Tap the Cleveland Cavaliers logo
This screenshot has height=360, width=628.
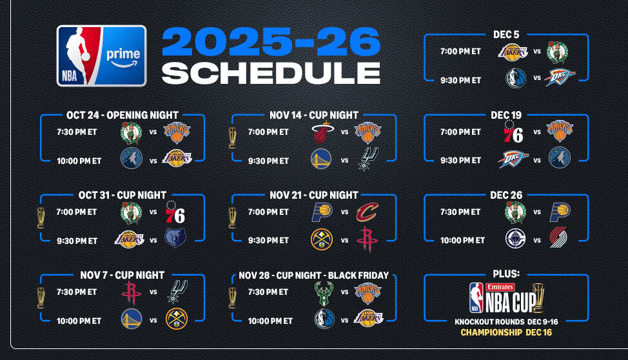[368, 212]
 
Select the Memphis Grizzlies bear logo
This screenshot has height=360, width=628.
[175, 237]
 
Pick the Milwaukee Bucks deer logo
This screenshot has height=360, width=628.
[324, 294]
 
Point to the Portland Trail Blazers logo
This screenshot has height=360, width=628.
[558, 237]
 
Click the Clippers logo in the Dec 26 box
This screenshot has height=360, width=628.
[515, 239]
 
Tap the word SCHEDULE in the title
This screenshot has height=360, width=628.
[271, 73]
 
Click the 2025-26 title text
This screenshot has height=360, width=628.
[271, 41]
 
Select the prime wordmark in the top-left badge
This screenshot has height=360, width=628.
[123, 55]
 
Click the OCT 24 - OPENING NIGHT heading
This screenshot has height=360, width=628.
[122, 115]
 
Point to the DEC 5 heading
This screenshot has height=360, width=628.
[506, 34]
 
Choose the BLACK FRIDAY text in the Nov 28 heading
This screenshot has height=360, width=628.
[358, 275]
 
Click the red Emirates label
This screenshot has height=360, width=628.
[500, 287]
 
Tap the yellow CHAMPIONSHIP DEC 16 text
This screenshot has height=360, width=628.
[506, 332]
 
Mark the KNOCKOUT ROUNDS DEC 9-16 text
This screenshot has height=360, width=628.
[506, 321]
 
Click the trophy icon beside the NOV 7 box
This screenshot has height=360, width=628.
[41, 298]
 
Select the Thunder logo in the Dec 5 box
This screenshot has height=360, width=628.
[560, 77]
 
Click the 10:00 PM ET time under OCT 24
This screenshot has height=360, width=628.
[79, 161]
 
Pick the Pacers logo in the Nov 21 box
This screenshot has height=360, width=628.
[322, 212]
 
